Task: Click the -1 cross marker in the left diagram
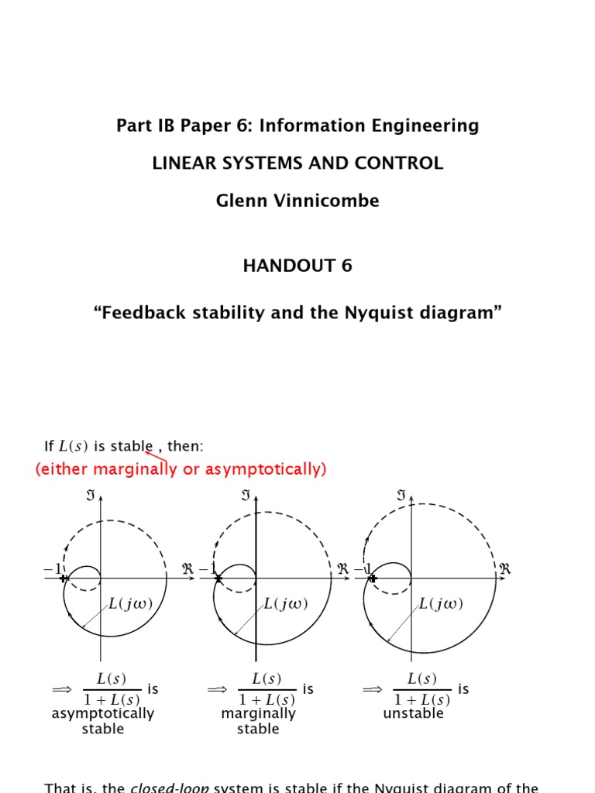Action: [64, 578]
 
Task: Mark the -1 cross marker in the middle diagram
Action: [218, 578]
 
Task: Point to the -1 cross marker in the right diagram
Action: [373, 578]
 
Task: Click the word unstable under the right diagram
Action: [414, 713]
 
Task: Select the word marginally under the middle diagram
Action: [258, 713]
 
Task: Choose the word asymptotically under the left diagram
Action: [103, 713]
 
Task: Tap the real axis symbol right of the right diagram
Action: [505, 569]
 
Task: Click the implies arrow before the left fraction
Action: [61, 688]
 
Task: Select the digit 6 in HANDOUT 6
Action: [346, 266]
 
